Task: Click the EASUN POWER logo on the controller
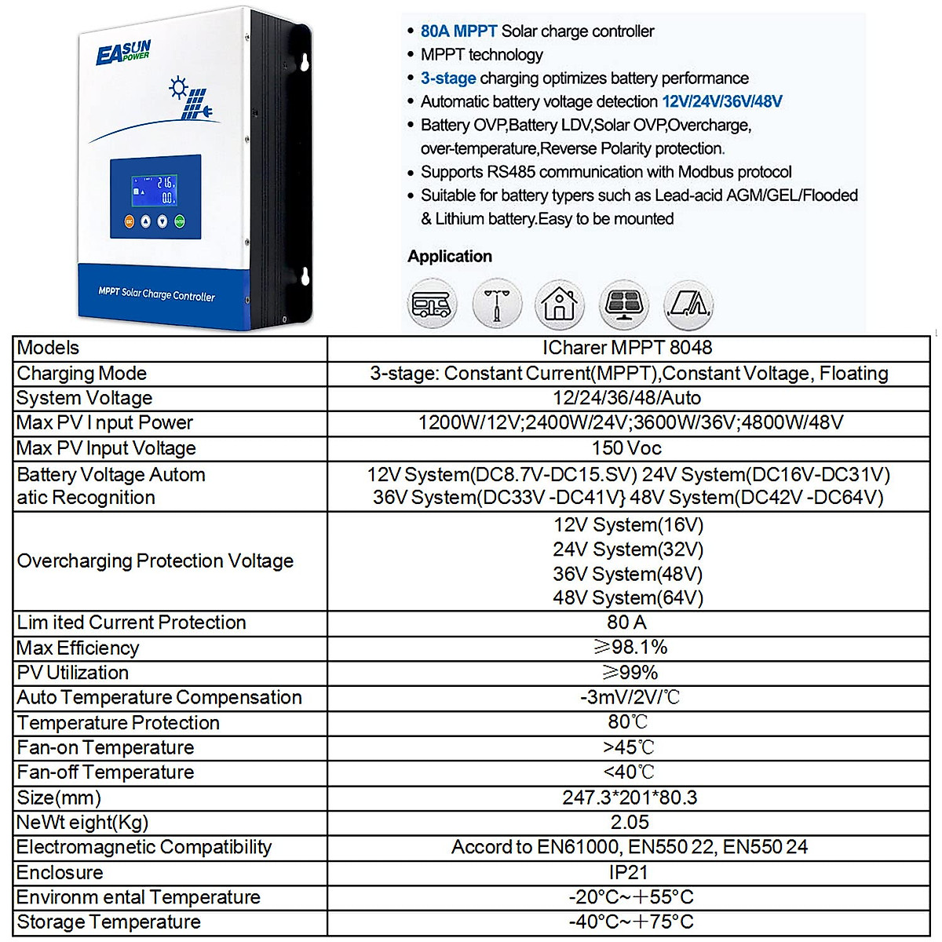pyautogui.click(x=122, y=53)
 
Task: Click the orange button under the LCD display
pyautogui.click(x=130, y=222)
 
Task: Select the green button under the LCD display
pyautogui.click(x=179, y=222)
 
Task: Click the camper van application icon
pyautogui.click(x=432, y=305)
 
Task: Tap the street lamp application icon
pyautogui.click(x=496, y=305)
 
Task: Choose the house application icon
pyautogui.click(x=559, y=305)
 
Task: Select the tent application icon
pyautogui.click(x=688, y=305)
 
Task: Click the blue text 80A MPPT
pyautogui.click(x=458, y=31)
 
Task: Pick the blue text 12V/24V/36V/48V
pyautogui.click(x=721, y=101)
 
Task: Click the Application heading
pyautogui.click(x=450, y=256)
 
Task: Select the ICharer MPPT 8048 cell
pyautogui.click(x=626, y=348)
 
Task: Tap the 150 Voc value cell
pyautogui.click(x=626, y=448)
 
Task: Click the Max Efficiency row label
pyautogui.click(x=78, y=648)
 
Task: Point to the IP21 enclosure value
pyautogui.click(x=628, y=872)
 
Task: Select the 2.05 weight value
pyautogui.click(x=630, y=822)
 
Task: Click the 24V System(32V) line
pyautogui.click(x=627, y=549)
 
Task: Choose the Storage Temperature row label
pyautogui.click(x=108, y=922)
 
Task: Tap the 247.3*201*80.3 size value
pyautogui.click(x=630, y=798)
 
